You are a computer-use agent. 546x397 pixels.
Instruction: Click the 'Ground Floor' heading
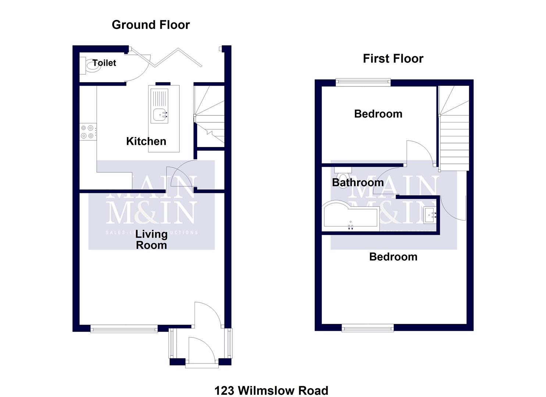pos(151,25)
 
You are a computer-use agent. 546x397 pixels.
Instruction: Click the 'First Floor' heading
pos(393,59)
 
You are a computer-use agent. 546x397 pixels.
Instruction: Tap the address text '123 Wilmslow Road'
pos(271,390)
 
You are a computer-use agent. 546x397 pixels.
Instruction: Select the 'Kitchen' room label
pos(146,141)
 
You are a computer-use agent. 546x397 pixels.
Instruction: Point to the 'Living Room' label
pos(151,240)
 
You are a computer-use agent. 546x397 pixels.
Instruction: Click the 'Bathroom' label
pos(358,182)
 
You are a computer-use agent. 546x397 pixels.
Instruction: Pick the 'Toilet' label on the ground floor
pos(104,63)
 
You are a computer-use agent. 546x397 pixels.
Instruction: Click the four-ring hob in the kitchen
pos(88,132)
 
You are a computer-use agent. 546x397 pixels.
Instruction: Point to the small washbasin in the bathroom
pos(430,215)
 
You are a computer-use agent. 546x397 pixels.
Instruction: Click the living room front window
pos(124,328)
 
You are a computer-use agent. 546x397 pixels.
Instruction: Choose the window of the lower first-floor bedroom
pos(368,328)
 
